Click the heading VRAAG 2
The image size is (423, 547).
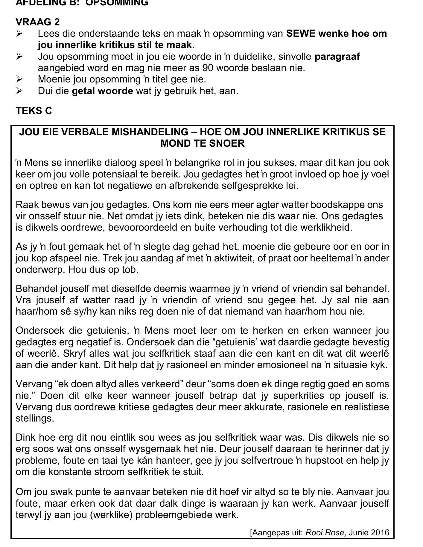coord(38,22)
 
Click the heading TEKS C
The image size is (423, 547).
coord(34,111)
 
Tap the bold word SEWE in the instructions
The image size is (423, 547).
coord(301,33)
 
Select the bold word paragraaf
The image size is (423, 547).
coord(337,56)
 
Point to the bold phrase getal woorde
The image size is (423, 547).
coord(102,91)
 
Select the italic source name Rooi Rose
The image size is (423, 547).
coord(325,532)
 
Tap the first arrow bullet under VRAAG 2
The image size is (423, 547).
coord(19,34)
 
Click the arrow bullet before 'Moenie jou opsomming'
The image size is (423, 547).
coord(19,79)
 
